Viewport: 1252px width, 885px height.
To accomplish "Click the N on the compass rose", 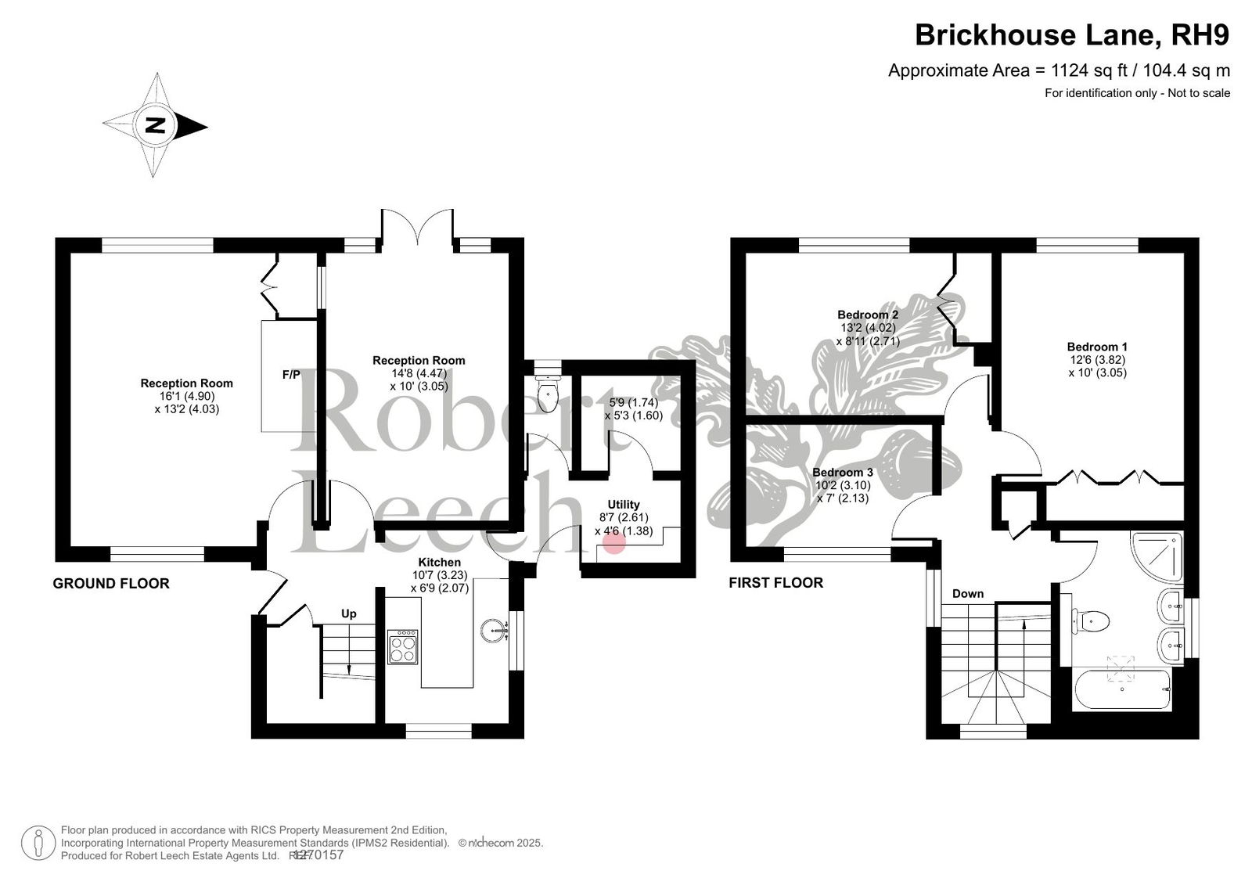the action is [155, 125].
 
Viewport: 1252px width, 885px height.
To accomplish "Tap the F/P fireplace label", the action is [290, 375].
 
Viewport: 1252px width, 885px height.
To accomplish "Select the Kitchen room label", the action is [439, 562].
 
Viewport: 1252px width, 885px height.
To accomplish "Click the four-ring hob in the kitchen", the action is [402, 647].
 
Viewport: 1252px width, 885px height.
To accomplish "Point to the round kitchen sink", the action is [493, 630].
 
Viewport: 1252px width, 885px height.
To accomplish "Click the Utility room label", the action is [623, 504].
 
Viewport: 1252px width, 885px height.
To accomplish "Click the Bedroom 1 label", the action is [1097, 347].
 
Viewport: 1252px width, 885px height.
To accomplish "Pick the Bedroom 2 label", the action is [868, 315].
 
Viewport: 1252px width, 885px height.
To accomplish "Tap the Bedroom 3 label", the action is [842, 473].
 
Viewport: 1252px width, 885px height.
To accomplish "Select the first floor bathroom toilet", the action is [1089, 621].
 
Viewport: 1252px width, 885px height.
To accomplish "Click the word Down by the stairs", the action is [967, 594].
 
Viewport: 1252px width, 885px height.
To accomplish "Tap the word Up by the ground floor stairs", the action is [348, 613].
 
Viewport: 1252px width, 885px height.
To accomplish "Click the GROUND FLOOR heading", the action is [110, 584].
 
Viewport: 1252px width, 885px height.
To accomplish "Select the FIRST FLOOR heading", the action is [775, 583].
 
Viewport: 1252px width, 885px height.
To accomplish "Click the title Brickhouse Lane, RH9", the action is [1072, 34].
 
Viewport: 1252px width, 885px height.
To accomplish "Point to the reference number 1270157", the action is [318, 854].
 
